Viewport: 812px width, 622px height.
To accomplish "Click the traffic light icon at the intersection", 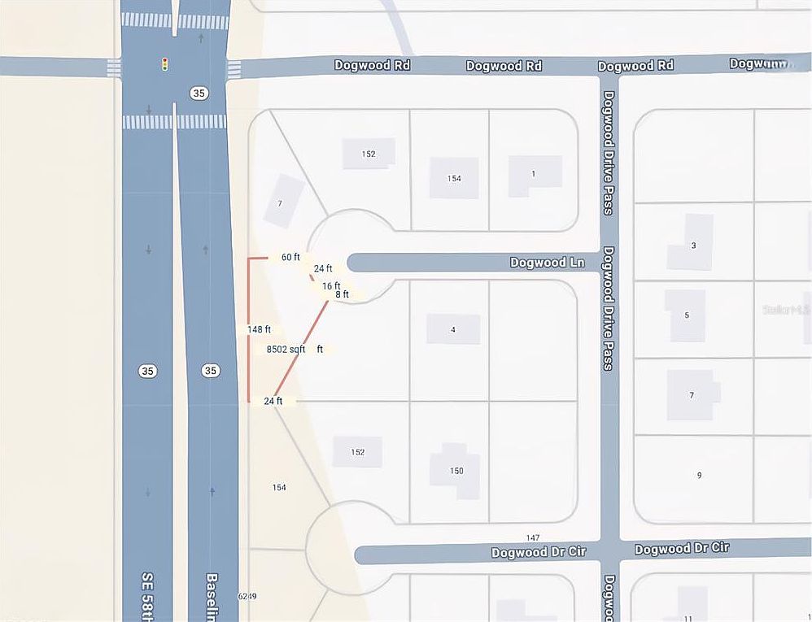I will point(164,63).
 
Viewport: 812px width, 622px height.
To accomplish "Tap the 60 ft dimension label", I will point(290,257).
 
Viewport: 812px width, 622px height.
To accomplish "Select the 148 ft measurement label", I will point(259,329).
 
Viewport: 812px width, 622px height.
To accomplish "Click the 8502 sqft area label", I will point(286,349).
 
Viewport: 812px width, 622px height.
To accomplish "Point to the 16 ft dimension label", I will point(330,285).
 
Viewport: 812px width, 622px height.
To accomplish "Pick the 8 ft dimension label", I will point(342,294).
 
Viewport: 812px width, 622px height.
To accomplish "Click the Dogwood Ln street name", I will point(547,263).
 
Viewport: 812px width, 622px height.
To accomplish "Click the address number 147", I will point(533,538).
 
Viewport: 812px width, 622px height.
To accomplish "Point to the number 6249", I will point(247,597).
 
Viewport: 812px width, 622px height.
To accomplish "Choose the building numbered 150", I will point(456,471).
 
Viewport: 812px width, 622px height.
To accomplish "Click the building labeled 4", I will point(453,329).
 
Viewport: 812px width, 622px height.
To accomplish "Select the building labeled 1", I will point(534,174).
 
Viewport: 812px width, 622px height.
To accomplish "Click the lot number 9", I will point(699,475).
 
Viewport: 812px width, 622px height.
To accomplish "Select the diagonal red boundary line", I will point(301,350).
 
